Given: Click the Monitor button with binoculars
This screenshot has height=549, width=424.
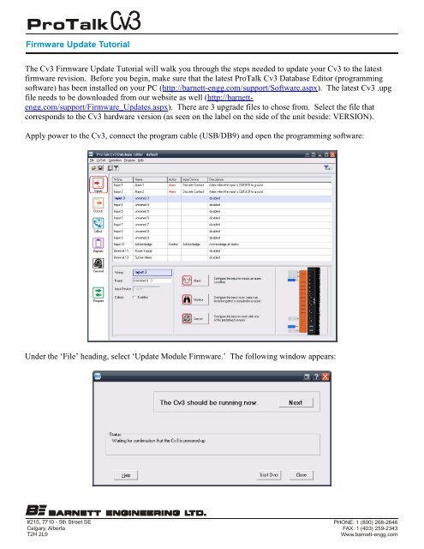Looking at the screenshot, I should point(188,299).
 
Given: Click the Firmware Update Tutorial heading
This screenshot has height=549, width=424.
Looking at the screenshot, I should point(67,41).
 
